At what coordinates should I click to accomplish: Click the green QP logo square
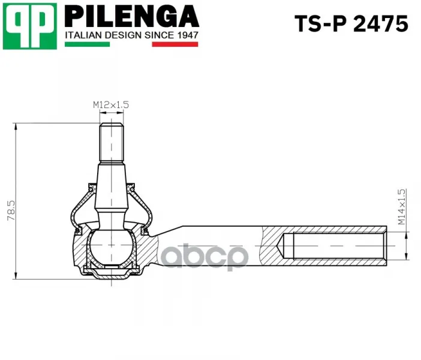30,26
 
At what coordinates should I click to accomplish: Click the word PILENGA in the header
132,17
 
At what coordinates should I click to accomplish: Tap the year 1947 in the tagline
188,35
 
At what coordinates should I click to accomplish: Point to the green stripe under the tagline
88,44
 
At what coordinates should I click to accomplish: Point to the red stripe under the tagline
175,44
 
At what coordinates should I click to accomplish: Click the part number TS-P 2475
351,23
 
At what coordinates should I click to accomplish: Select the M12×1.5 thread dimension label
111,104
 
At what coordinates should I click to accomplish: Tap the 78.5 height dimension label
11,211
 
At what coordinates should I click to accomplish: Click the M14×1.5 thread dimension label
401,207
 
